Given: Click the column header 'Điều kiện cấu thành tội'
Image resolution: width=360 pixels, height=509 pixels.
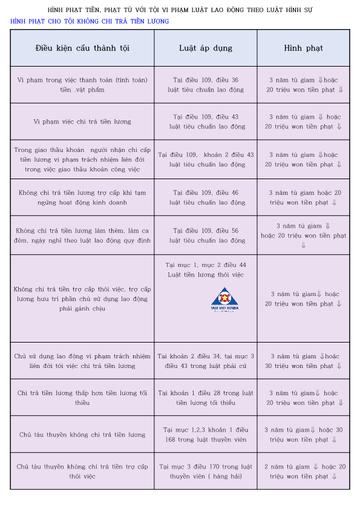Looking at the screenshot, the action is tap(82, 48).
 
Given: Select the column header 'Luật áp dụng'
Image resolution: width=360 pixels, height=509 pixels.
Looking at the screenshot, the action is tap(206, 48).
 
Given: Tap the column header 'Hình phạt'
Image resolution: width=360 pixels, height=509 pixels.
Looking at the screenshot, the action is tap(303, 48).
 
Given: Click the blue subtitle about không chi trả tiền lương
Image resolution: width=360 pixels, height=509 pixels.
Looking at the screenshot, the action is tap(90, 21).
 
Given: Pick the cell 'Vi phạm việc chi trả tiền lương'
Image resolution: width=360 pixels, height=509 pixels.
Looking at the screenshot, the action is tap(82, 122).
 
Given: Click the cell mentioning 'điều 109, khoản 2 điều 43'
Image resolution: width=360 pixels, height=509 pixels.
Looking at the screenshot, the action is tap(206, 159).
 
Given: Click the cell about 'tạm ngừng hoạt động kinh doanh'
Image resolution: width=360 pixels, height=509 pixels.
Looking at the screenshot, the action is tap(82, 197).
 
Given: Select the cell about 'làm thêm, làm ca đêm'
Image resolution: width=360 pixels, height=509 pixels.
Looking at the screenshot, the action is tap(82, 235).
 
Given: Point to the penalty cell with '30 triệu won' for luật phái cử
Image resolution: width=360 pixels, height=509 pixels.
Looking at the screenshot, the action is tap(303, 361).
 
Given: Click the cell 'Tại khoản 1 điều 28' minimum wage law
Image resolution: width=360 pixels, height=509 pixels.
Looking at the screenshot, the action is tap(206, 398).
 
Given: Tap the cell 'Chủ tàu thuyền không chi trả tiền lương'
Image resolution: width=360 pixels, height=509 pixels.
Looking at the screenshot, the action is tap(82, 435).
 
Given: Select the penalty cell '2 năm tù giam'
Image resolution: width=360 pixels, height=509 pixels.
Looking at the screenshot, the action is tap(303, 471).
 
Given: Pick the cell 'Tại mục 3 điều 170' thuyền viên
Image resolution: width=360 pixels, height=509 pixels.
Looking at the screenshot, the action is tap(206, 471).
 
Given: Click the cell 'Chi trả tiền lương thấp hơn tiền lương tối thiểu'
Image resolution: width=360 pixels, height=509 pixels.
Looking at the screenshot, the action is tap(82, 398).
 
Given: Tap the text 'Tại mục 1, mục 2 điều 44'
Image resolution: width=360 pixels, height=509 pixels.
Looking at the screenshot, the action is tap(206, 265).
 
